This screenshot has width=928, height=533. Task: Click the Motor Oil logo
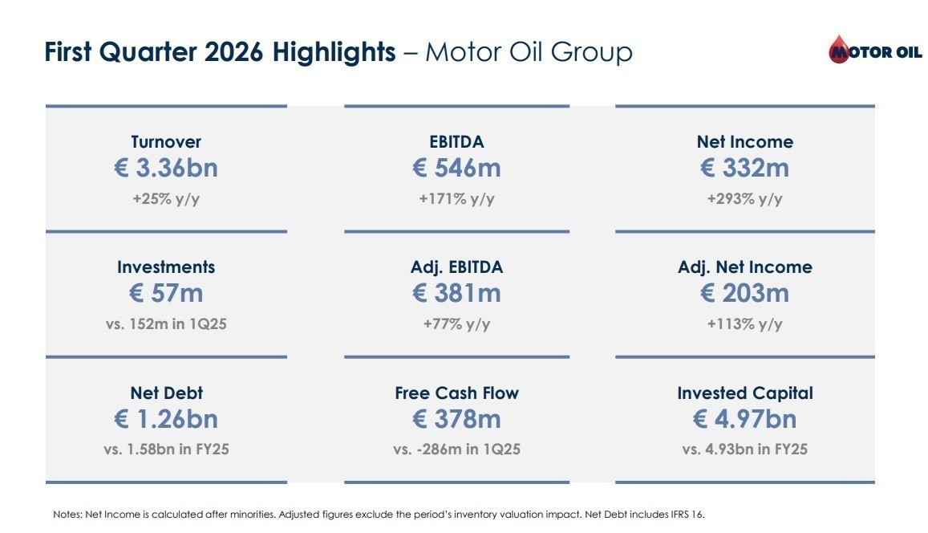(875, 49)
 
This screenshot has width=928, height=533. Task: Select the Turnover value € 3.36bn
(166, 168)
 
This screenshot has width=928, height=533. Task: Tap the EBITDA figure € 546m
(456, 168)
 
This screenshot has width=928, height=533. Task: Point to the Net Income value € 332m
(744, 168)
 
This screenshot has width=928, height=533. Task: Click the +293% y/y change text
(744, 198)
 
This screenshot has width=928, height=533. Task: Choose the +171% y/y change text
(456, 198)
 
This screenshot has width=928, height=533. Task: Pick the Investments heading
(166, 267)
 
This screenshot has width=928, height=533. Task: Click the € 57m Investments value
(166, 293)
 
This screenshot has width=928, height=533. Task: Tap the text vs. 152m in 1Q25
(166, 324)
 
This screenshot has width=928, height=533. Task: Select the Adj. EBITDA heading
(456, 267)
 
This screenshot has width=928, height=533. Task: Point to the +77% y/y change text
(456, 324)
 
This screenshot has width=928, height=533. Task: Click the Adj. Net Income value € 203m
(744, 293)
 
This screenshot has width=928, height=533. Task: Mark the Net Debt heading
(166, 393)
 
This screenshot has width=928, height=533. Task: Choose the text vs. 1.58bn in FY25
(166, 450)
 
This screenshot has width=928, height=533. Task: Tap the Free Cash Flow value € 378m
(456, 419)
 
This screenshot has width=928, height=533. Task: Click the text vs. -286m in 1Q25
(456, 450)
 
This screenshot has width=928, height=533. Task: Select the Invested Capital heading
(744, 393)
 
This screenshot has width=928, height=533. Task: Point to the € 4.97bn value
(744, 419)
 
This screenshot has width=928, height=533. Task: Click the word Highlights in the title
(334, 52)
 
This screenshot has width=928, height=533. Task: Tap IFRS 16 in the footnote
(687, 515)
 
